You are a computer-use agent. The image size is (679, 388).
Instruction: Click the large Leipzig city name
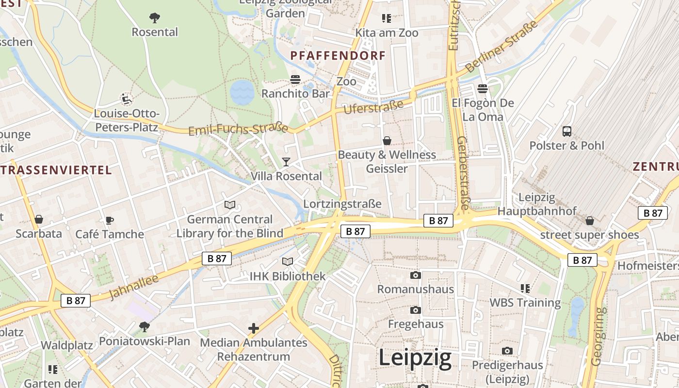click(x=415, y=358)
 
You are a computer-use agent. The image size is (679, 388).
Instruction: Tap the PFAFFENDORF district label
click(x=338, y=56)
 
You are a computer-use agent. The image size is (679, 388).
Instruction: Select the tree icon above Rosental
click(x=155, y=18)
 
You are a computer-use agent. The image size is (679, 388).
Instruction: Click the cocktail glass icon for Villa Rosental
click(x=286, y=162)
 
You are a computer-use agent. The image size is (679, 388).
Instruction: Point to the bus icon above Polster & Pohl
click(x=566, y=131)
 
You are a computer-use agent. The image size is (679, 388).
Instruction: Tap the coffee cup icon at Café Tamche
click(x=110, y=220)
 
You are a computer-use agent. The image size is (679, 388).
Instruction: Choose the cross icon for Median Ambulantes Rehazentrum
click(x=254, y=328)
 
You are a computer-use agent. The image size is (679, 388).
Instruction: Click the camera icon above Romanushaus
click(x=416, y=275)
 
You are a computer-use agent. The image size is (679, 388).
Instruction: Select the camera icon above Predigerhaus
click(x=507, y=351)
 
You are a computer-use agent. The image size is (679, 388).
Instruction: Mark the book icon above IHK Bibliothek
click(x=288, y=262)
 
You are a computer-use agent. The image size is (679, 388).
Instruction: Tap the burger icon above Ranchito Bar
click(x=295, y=80)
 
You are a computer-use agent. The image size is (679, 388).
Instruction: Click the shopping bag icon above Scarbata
click(x=39, y=219)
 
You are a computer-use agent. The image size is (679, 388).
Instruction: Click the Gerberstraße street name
click(x=463, y=173)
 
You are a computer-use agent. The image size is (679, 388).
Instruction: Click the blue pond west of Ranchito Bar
click(x=242, y=92)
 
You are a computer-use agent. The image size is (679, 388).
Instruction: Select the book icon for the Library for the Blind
click(x=230, y=205)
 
